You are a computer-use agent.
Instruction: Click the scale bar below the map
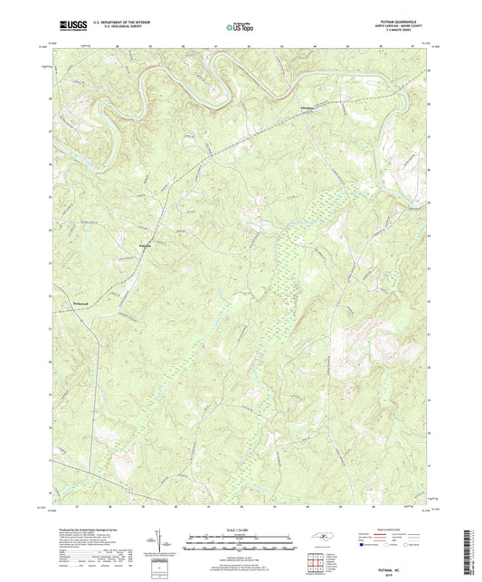click(x=240, y=543)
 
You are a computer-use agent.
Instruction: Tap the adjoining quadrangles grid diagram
click(x=315, y=560)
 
